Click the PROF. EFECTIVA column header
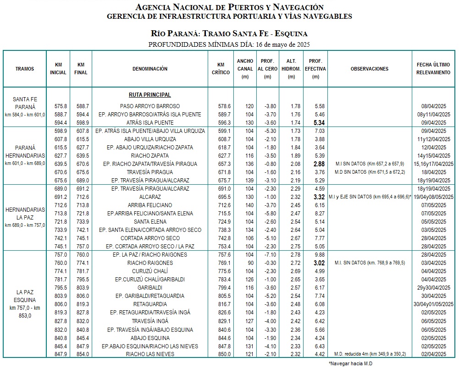point(315,69)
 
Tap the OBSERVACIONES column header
point(369,69)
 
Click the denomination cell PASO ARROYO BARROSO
point(150,106)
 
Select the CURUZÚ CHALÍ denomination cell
point(150,271)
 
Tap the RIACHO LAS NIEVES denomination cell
point(150,354)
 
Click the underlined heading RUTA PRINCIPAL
point(150,95)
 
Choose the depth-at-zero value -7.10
point(269,255)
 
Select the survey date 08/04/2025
point(435,106)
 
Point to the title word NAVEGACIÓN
point(292,7)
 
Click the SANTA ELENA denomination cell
point(150,222)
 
